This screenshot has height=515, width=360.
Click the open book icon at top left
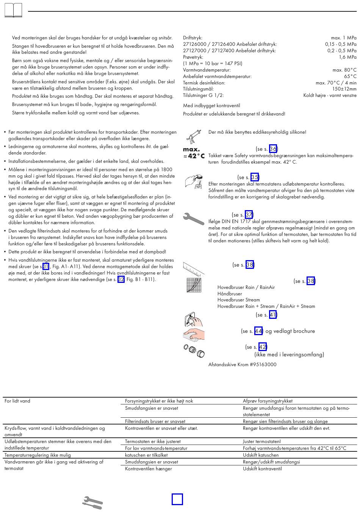point(13,10)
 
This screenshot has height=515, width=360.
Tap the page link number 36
point(273,149)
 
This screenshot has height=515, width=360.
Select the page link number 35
point(255,177)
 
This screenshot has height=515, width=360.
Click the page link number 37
point(249,215)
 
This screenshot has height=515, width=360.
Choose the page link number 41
point(273,315)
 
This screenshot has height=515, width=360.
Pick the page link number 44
point(258,331)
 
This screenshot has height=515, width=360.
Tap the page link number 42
point(263,347)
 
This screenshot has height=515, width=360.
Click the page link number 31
point(46,267)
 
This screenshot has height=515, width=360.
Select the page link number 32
point(121,279)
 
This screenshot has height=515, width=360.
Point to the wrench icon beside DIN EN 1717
point(193,219)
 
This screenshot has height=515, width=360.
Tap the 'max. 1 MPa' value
point(343,38)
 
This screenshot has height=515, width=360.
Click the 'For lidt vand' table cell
point(17,401)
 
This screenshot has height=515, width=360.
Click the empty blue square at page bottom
point(177,499)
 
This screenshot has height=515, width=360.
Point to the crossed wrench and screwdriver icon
point(92,503)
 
